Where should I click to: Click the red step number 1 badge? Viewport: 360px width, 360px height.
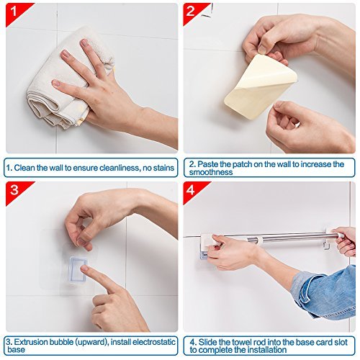tap(16, 12)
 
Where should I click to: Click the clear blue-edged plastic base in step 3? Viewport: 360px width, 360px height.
tap(78, 269)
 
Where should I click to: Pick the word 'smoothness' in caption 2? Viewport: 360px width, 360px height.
tap(211, 172)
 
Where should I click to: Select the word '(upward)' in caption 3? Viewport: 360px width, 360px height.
tap(92, 342)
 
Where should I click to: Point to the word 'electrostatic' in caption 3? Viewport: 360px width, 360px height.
tap(154, 342)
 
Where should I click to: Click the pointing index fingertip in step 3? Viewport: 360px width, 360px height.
tap(83, 268)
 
